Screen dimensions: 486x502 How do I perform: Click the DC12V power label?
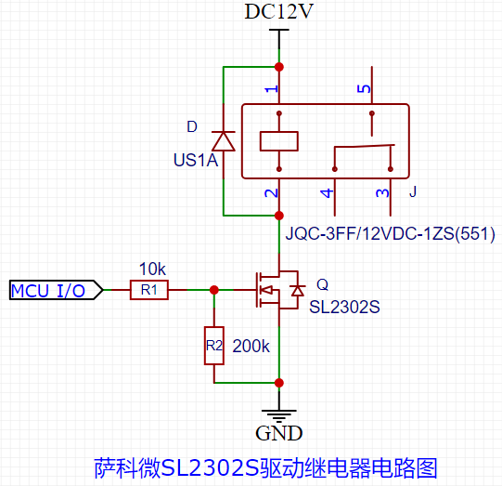point(278,12)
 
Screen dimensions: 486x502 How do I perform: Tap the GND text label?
point(279,432)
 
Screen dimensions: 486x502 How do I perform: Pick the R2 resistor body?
point(214,346)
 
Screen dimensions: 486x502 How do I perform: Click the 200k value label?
point(251,346)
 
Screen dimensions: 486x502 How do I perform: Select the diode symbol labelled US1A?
point(223,141)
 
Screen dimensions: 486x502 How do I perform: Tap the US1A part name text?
point(195,161)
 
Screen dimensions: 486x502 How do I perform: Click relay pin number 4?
point(326,193)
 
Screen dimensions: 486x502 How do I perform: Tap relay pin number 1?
point(271,89)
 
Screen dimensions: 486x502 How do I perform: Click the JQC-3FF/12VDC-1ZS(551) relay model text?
point(390,232)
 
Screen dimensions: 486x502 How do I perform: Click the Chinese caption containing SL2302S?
point(265,466)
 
